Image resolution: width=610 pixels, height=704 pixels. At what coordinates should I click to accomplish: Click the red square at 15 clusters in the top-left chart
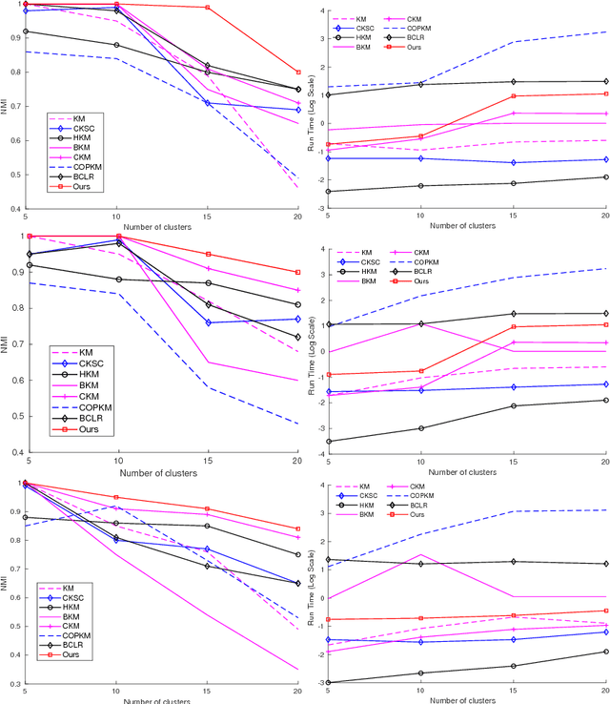click(208, 8)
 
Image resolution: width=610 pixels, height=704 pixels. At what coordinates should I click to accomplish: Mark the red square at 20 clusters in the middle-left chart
click(298, 272)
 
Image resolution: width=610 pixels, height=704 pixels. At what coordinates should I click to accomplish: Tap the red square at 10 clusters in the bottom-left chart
click(117, 497)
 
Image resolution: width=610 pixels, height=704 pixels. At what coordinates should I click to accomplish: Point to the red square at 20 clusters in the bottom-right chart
click(603, 611)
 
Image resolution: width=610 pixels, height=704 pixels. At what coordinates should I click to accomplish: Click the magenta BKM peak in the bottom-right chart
click(420, 554)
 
